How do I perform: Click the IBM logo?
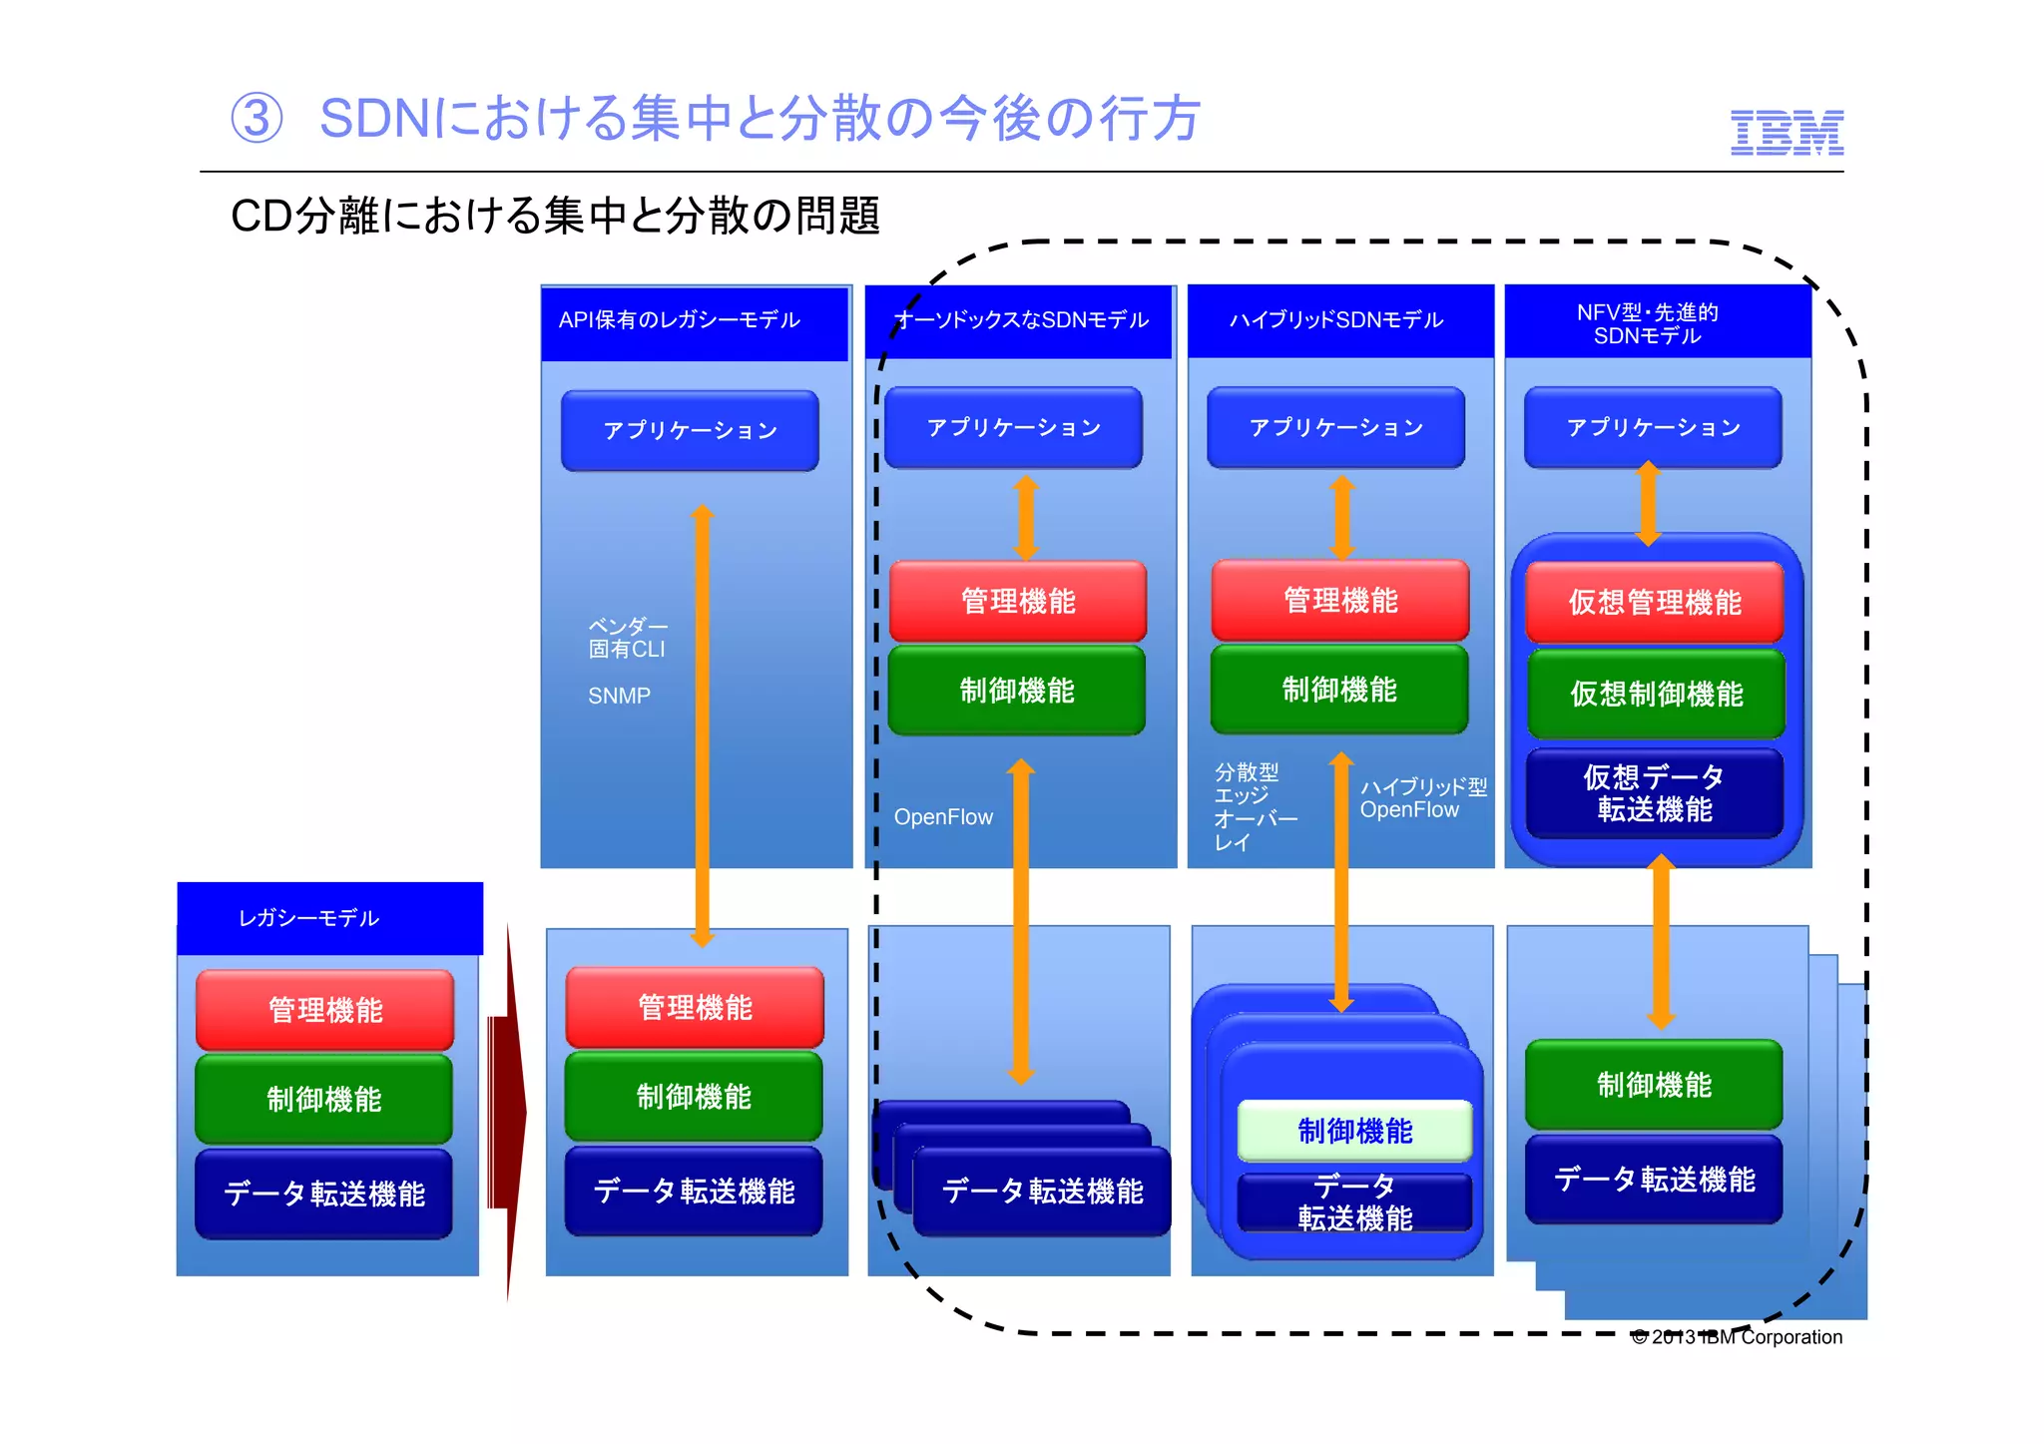1787,133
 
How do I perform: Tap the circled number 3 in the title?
256,119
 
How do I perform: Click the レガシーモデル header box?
329,917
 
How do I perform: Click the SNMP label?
619,696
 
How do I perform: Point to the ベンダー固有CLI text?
627,638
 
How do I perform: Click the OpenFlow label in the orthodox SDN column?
943,816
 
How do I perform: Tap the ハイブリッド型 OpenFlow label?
1422,798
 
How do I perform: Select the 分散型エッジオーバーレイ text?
1254,806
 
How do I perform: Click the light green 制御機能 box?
1354,1131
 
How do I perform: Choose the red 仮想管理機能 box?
1654,602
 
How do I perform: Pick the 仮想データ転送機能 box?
1654,792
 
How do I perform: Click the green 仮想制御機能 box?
1656,694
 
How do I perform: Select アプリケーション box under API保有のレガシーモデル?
690,430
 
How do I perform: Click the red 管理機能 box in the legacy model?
324,1009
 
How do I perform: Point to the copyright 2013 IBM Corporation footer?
1737,1336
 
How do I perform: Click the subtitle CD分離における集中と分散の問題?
555,216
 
